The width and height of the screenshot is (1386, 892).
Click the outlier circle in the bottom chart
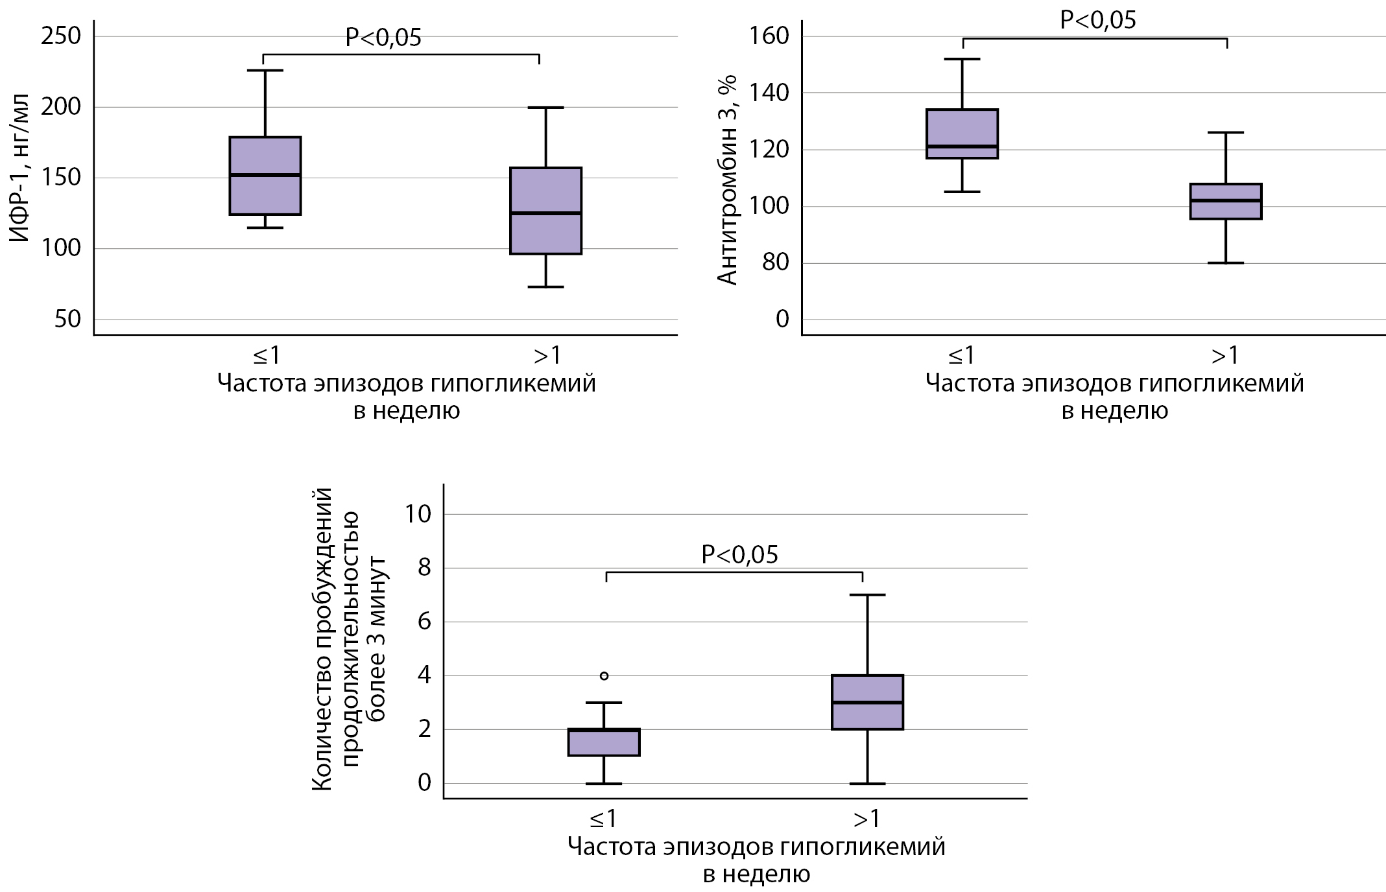point(604,675)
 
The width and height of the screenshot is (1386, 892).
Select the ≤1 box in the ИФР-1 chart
point(266,176)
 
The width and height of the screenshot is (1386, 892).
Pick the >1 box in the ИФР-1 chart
point(545,211)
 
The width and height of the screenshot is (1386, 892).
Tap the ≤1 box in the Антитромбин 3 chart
point(962,134)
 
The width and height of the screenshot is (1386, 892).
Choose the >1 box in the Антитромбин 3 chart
point(1226,202)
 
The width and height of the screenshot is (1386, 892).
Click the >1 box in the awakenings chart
point(867,702)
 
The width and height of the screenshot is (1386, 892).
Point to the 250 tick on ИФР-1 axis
point(61,36)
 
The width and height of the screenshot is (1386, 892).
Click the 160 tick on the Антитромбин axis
point(769,36)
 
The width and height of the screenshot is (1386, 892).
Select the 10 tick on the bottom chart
point(417,514)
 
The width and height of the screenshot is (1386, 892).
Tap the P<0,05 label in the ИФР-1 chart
point(383,38)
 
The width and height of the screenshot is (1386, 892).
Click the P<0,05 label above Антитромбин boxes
point(1097,20)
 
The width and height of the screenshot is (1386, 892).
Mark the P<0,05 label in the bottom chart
point(739,555)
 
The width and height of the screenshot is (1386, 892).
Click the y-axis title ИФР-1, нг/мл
point(20,177)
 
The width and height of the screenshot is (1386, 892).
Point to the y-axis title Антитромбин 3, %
point(728,180)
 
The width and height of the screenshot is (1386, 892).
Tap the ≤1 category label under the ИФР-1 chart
point(266,355)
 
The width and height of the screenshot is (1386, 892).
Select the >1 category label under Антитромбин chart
point(1225,355)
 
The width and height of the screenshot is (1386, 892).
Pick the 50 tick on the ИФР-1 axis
point(67,320)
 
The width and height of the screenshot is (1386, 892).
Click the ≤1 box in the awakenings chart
point(604,742)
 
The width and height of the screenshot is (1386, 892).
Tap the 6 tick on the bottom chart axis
point(424,622)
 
